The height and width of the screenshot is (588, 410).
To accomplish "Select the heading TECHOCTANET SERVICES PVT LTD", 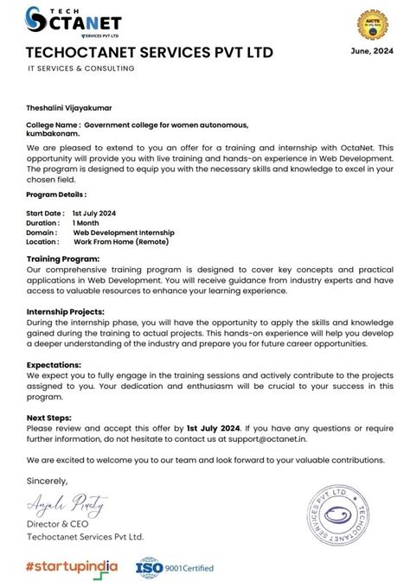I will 150,52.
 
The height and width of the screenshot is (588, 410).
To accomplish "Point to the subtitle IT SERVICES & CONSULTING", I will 80,68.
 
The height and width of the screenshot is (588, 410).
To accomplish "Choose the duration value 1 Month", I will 86,222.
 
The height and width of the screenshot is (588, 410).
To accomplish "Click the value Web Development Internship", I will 124,232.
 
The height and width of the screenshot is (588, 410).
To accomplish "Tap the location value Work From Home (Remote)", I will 121,242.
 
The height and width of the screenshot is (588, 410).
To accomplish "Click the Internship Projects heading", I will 66,311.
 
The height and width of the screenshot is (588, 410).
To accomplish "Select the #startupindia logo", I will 72,566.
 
